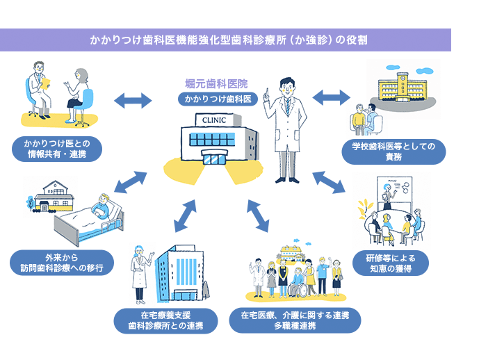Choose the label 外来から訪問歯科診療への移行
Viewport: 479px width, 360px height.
(x=62, y=263)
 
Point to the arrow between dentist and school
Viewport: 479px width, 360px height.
(x=331, y=97)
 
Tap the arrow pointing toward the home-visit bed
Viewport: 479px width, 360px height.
(x=130, y=183)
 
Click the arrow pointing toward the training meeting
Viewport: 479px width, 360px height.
(x=329, y=181)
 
